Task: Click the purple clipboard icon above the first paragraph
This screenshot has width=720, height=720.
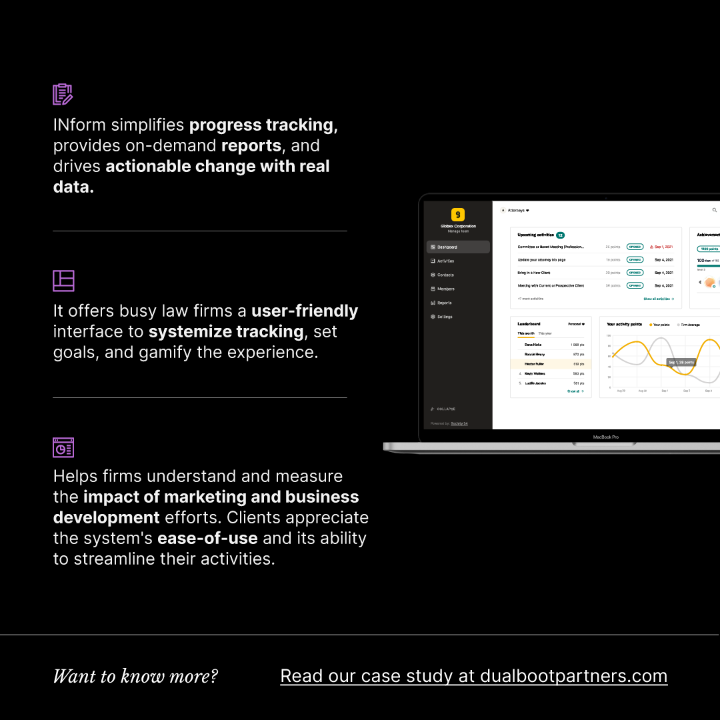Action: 63,95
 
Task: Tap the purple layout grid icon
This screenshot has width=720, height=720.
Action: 63,281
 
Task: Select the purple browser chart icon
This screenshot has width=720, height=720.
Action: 63,447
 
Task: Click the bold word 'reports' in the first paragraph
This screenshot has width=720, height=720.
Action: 252,146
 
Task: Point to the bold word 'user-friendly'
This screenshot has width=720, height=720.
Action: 305,311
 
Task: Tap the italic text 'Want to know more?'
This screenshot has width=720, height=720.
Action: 135,676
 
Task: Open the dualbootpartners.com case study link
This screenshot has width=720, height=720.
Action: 473,676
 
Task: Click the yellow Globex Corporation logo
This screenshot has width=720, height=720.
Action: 457,215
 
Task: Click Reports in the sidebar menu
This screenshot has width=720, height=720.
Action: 444,303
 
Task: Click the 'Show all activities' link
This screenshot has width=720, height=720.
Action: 658,299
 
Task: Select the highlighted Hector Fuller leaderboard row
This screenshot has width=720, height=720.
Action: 551,364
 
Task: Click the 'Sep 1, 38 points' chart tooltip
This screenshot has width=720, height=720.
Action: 681,362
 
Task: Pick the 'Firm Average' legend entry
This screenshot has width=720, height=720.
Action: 689,325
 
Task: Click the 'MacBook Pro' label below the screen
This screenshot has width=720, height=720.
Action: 606,437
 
